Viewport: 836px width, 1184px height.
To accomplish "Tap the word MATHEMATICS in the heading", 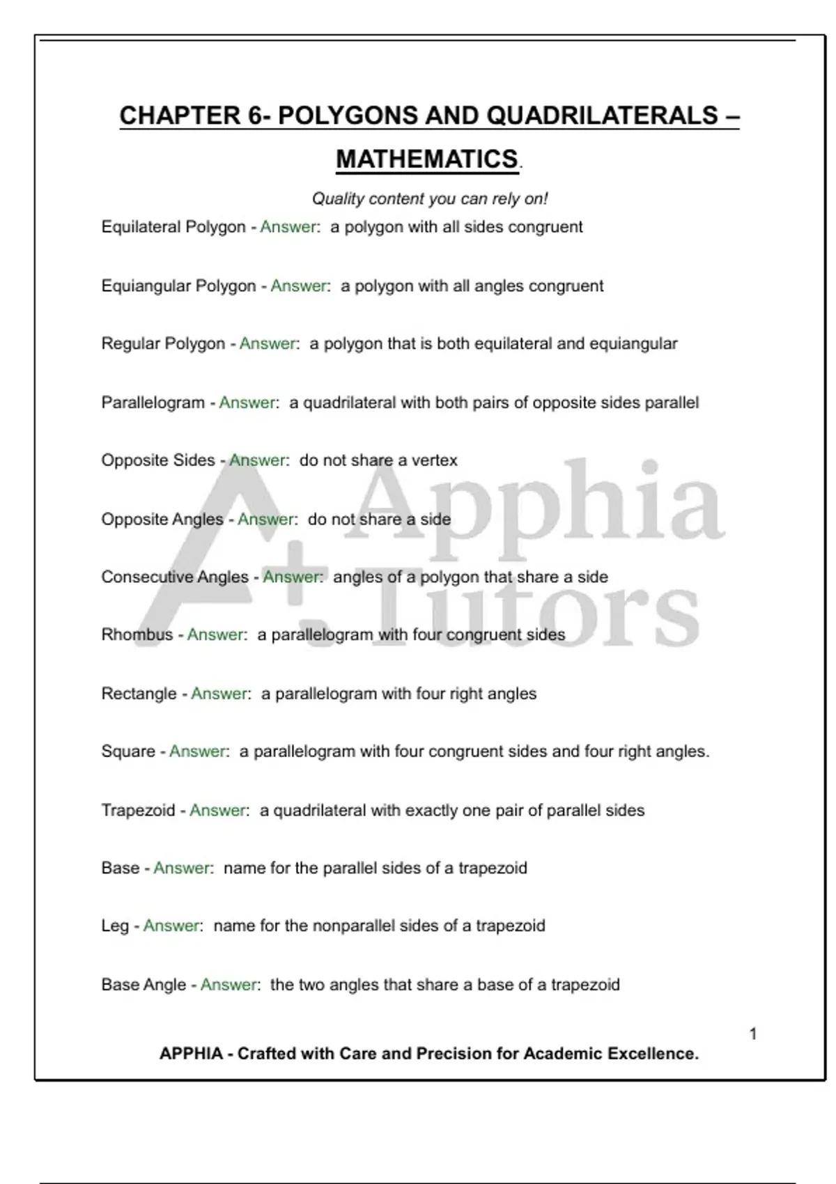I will click(427, 159).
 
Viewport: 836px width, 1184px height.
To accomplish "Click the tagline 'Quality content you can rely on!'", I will click(430, 199).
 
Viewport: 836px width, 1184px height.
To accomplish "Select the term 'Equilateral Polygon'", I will click(173, 227).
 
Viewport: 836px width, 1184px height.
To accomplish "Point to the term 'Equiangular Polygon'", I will click(178, 286).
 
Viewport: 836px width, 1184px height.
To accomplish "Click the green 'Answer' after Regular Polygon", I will click(268, 344).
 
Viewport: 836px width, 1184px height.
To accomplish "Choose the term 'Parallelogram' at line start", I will click(153, 403).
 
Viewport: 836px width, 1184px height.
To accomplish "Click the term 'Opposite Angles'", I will click(162, 520).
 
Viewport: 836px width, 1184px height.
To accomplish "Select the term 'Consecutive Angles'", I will click(175, 577).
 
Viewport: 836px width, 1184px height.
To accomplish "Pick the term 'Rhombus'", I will click(137, 635).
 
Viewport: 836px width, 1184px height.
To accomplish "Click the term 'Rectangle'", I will click(139, 694).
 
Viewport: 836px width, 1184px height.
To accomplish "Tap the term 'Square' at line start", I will click(128, 751).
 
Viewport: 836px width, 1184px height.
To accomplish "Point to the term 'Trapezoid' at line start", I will click(138, 811).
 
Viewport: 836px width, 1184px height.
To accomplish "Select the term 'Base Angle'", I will click(144, 985).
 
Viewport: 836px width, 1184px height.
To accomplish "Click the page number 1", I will click(753, 1034).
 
